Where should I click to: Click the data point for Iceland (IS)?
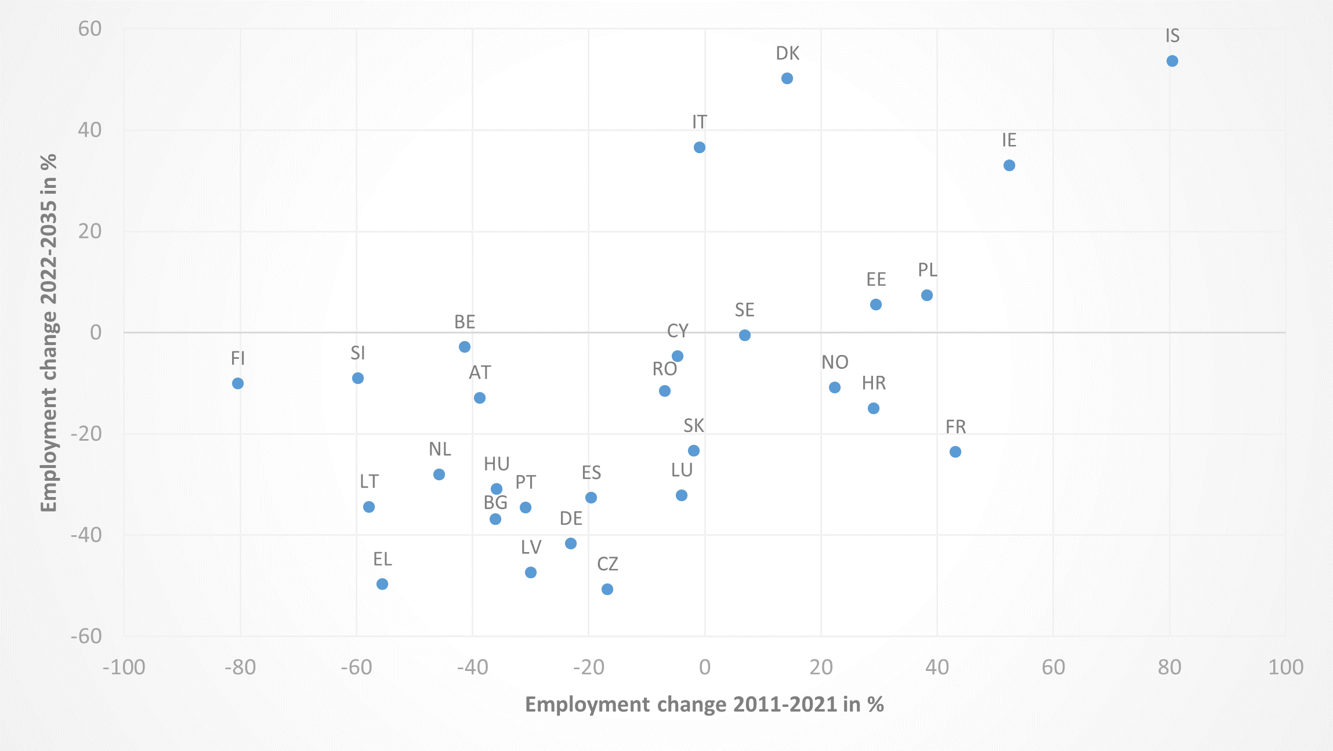click(x=1172, y=61)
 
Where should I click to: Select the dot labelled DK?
click(x=787, y=78)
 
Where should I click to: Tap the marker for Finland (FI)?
click(x=238, y=383)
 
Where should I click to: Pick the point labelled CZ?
click(x=607, y=589)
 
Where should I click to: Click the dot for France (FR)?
click(x=955, y=452)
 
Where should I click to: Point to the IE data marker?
click(x=1009, y=165)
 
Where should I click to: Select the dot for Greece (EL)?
click(x=382, y=584)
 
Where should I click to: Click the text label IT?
click(x=700, y=122)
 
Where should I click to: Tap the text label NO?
click(x=835, y=362)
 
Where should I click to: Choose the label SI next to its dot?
click(x=358, y=353)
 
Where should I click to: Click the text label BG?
click(x=495, y=502)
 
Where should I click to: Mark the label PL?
click(x=927, y=270)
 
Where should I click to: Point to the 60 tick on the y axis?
click(x=90, y=28)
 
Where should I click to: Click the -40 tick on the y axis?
click(x=86, y=535)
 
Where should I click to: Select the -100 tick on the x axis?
click(x=124, y=667)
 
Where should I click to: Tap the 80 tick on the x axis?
click(x=1169, y=667)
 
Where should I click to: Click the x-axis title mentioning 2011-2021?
click(x=704, y=704)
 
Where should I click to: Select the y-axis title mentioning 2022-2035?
click(x=49, y=332)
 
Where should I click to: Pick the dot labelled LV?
click(x=531, y=572)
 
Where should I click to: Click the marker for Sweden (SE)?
click(x=745, y=335)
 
